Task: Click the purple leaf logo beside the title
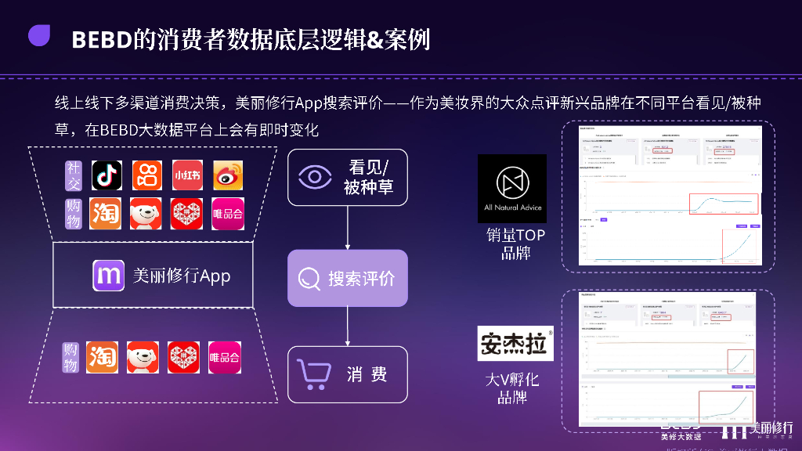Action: coord(39,36)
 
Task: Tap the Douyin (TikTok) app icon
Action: coord(106,175)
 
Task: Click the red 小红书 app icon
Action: coord(186,175)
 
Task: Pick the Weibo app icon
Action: coord(228,175)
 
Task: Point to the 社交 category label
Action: coord(73,175)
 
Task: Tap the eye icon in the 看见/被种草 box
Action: coord(315,177)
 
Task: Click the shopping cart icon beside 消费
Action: coord(312,374)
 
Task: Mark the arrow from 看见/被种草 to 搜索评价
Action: coord(348,228)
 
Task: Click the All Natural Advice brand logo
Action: coord(512,188)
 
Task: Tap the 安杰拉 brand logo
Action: coord(515,343)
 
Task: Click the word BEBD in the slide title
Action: coord(101,39)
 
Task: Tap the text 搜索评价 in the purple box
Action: coord(361,279)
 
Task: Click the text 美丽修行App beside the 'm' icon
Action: coord(181,276)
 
